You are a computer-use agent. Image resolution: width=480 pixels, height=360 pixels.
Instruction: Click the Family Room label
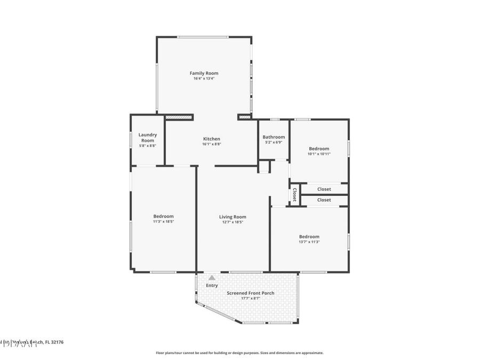[204, 73]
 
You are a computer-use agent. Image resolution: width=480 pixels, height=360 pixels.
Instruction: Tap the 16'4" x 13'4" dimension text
[204, 78]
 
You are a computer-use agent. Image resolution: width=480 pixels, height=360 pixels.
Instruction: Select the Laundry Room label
[147, 138]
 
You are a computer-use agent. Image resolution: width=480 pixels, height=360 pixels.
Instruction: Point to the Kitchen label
[211, 139]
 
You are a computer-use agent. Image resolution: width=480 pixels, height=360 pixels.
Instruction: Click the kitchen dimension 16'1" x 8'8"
[211, 144]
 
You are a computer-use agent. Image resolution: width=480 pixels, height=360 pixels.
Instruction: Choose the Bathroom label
[274, 137]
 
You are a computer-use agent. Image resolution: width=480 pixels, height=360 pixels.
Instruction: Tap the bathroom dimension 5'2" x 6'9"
[274, 142]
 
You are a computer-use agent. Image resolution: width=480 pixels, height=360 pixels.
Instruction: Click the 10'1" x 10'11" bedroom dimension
[319, 154]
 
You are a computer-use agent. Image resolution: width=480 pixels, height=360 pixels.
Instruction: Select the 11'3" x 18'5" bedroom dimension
[163, 221]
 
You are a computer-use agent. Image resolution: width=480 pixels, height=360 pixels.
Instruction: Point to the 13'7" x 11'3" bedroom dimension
[309, 242]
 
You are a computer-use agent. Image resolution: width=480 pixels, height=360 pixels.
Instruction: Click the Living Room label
[233, 217]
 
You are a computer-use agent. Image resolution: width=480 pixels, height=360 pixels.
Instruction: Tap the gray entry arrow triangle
[212, 277]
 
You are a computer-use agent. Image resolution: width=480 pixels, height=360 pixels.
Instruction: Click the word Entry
[212, 285]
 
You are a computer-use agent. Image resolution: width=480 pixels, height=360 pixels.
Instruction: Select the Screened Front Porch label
[251, 293]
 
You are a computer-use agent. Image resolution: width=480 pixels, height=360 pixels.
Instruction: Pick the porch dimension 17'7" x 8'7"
[251, 298]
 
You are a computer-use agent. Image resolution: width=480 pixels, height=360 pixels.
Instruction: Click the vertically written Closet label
[294, 195]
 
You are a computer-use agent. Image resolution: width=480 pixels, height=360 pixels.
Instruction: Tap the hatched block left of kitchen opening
[179, 117]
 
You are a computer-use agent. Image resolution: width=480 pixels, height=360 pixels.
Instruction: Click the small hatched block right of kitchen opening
[244, 117]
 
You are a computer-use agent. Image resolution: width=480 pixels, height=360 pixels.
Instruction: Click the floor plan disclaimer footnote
[239, 353]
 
